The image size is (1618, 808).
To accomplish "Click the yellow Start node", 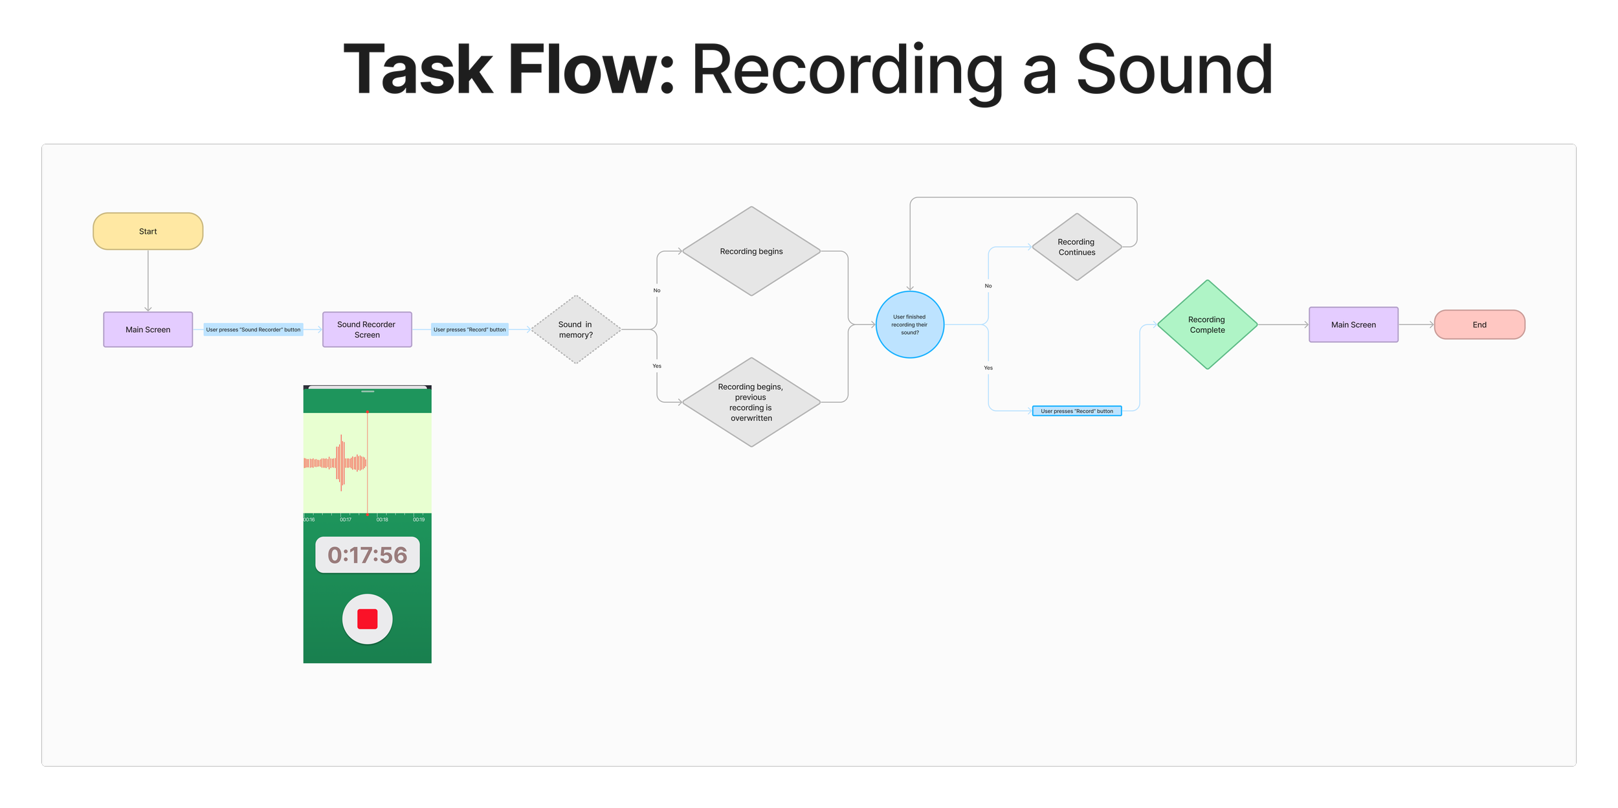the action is (148, 231).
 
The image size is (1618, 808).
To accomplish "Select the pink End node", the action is (1479, 324).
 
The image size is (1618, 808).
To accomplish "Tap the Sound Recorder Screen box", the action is (367, 330).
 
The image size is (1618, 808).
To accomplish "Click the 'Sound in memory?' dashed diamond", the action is (575, 330).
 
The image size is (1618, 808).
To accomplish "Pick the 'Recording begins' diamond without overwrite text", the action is (751, 251).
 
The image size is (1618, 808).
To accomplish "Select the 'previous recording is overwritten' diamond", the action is (751, 402).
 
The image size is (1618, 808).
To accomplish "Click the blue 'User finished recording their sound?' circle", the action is (910, 324).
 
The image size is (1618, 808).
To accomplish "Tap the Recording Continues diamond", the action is (1077, 247).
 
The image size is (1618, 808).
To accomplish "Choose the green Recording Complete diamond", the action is (1207, 324).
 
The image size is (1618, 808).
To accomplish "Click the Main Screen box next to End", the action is (1353, 324).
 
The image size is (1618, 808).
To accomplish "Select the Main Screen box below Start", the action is (148, 330).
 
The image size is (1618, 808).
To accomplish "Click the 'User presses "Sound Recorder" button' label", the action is (253, 330).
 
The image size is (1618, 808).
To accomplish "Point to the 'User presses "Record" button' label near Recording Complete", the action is (1077, 410).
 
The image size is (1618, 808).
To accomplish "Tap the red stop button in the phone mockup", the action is (368, 619).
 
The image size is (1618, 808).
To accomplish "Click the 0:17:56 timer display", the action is (368, 555).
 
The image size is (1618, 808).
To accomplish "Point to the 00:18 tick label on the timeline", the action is (382, 519).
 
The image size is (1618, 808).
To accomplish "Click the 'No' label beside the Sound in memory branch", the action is (657, 290).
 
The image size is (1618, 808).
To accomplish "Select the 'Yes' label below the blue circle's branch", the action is (988, 368).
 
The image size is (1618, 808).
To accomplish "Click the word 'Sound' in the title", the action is (1174, 69).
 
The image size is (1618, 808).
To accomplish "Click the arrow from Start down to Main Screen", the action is (148, 281).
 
